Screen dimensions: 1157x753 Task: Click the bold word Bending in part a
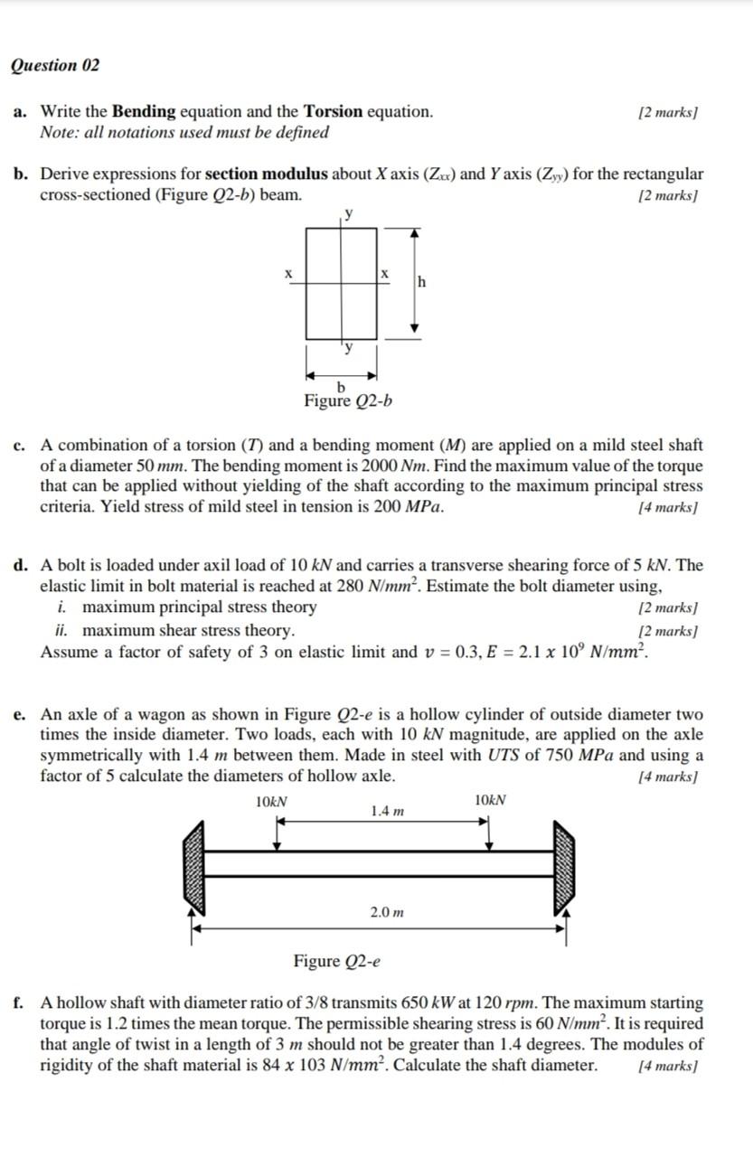point(144,112)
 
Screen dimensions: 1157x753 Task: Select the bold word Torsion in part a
point(333,112)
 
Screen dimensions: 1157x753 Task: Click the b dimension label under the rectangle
point(341,388)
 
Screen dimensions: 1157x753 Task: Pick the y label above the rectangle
point(349,214)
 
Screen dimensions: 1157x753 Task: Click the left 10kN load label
point(272,801)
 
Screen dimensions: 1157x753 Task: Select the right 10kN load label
point(490,800)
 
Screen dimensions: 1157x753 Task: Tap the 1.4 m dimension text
point(387,812)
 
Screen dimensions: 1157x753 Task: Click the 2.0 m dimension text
point(387,913)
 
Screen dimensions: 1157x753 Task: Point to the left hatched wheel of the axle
point(193,863)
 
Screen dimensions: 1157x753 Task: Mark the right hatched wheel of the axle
point(565,863)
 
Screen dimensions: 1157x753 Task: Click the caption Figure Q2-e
point(336,961)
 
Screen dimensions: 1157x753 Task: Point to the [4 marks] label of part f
point(669,1066)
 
